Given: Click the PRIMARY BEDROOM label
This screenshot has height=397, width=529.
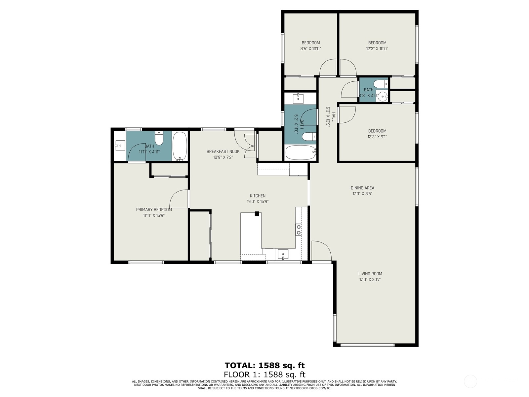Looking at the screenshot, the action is [x=154, y=210].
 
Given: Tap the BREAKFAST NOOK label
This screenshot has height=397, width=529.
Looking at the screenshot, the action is [x=223, y=152].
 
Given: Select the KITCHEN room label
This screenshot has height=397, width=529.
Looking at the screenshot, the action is [x=258, y=196].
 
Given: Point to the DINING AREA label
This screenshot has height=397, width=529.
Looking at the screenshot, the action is [x=362, y=188].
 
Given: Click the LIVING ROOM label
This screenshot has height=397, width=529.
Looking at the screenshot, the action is [x=370, y=274].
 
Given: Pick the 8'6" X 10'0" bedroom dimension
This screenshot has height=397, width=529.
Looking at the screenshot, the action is [x=311, y=49].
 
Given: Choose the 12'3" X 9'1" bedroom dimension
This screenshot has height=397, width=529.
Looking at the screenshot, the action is [x=377, y=137].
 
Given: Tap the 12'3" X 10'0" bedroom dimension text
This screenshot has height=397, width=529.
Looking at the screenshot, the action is [x=377, y=49].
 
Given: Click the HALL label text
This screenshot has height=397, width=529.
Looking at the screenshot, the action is [x=334, y=117].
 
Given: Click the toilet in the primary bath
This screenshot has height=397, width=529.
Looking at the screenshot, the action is [x=159, y=138].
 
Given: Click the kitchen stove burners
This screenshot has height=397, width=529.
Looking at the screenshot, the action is [x=299, y=230].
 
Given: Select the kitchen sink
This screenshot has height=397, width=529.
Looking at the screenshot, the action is [x=283, y=254].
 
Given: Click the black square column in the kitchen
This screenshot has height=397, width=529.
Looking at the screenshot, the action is [x=257, y=214].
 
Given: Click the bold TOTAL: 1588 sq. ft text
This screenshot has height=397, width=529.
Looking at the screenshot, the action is [x=264, y=366].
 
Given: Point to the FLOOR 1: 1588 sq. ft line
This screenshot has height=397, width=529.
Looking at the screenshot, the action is [x=264, y=375].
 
